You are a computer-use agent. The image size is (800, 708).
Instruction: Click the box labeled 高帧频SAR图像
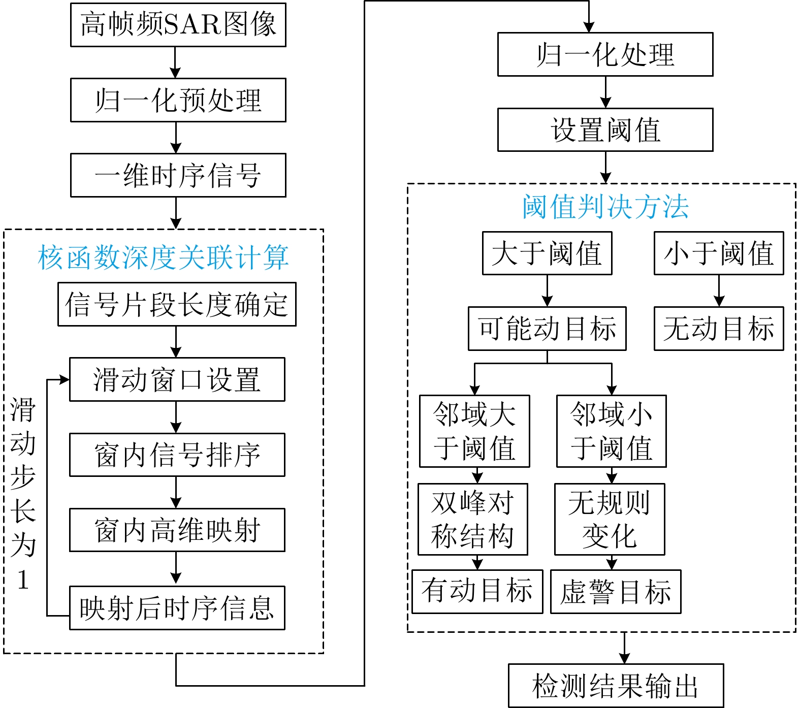(x=178, y=25)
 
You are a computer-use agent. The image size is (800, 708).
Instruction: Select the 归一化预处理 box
(x=178, y=100)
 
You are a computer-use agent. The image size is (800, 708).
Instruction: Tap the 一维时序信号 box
(x=178, y=175)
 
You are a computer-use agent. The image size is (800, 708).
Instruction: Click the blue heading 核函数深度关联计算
(x=163, y=257)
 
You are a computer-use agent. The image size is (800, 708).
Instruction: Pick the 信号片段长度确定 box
(x=177, y=304)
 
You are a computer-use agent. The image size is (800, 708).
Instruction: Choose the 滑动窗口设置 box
(x=177, y=379)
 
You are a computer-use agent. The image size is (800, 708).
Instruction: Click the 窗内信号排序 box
(x=177, y=455)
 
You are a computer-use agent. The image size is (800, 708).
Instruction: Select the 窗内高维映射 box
(x=177, y=530)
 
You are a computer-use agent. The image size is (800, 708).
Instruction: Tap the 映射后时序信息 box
(x=177, y=608)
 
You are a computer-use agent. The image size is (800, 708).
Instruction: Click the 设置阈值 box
(x=605, y=130)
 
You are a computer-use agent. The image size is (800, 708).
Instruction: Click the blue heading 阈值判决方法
(x=605, y=207)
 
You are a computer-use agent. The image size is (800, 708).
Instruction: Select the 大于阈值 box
(x=547, y=253)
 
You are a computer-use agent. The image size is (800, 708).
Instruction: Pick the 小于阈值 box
(x=719, y=253)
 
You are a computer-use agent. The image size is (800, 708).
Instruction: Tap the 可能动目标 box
(x=547, y=328)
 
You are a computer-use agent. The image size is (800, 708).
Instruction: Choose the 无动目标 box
(x=719, y=328)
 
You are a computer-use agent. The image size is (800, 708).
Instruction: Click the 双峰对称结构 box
(x=472, y=519)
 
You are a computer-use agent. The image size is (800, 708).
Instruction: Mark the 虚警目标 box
(x=616, y=592)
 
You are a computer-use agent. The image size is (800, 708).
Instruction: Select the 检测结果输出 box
(x=616, y=686)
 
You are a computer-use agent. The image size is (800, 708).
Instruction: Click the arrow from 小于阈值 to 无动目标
(x=719, y=291)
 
